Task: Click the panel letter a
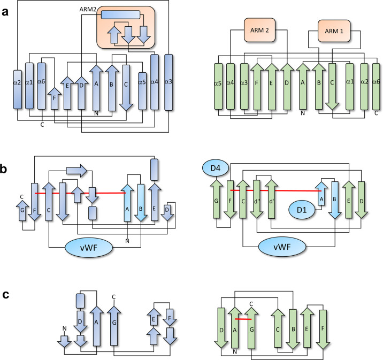click(x=5, y=10)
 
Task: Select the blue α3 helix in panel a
click(x=169, y=82)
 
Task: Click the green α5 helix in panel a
click(x=218, y=87)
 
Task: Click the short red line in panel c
click(x=243, y=319)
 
